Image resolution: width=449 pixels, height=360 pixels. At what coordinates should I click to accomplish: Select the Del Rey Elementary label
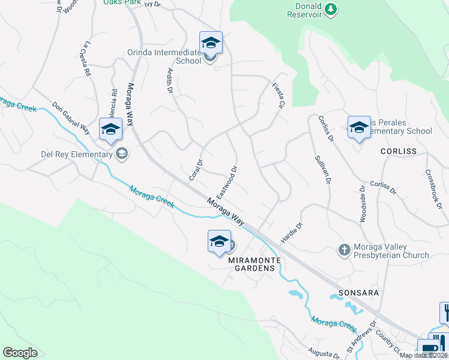pyautogui.click(x=77, y=154)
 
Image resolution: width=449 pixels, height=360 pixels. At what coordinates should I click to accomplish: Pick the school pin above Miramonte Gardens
pyautogui.click(x=219, y=242)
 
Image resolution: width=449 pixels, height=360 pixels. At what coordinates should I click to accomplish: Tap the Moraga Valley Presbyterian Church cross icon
pyautogui.click(x=344, y=249)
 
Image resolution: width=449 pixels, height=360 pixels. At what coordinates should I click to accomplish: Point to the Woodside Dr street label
pyautogui.click(x=363, y=205)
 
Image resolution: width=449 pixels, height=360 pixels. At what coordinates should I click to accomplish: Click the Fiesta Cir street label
pyautogui.click(x=277, y=95)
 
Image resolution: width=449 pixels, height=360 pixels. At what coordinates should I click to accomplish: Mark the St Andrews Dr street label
pyautogui.click(x=359, y=340)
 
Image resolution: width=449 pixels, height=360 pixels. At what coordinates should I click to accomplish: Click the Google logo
pyautogui.click(x=20, y=353)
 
